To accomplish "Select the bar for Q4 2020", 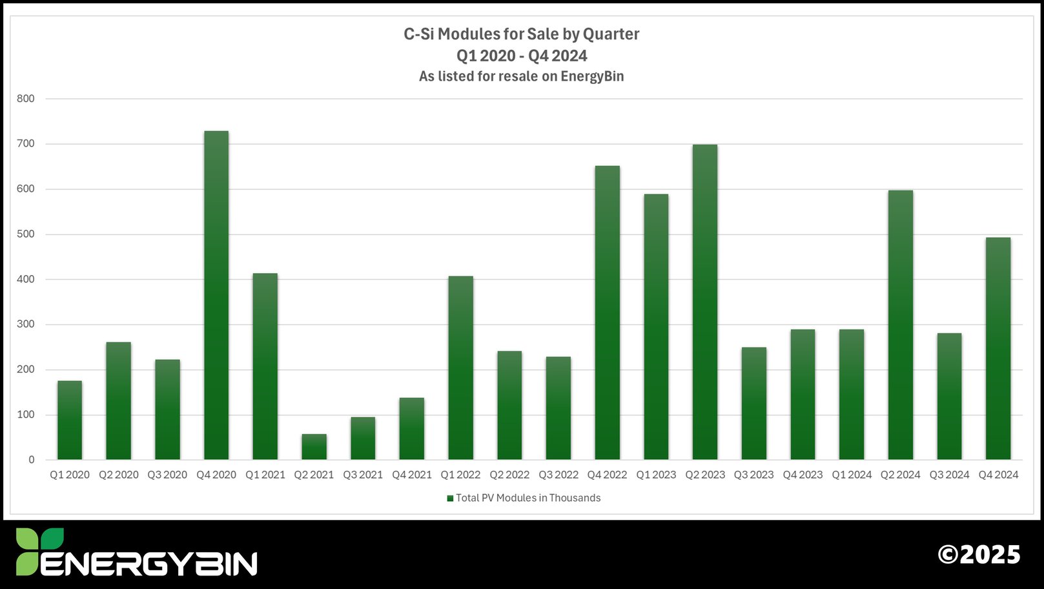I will tap(216, 295).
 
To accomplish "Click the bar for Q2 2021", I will tap(314, 447).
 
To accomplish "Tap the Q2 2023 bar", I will tap(704, 302).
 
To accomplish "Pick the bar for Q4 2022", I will tap(607, 313).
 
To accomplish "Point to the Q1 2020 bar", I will tap(70, 420).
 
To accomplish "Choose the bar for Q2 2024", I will tap(900, 325).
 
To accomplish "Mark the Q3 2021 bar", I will tap(363, 438).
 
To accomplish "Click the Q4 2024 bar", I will tap(998, 348).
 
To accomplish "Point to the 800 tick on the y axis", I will tap(26, 99).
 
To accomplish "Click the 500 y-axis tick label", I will tap(26, 234).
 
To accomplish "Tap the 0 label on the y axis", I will tap(31, 460).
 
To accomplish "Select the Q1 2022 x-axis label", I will tap(460, 475).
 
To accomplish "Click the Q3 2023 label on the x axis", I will tap(753, 475).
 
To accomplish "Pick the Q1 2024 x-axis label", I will tap(852, 475).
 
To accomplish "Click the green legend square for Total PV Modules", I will tap(450, 498).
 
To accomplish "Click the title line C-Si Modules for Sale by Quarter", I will tap(521, 34).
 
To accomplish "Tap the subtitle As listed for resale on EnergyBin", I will tap(521, 76).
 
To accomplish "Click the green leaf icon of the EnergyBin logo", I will tap(39, 551).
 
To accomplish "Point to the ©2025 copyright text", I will tap(979, 555).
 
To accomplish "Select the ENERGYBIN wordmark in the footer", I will tap(149, 564).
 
